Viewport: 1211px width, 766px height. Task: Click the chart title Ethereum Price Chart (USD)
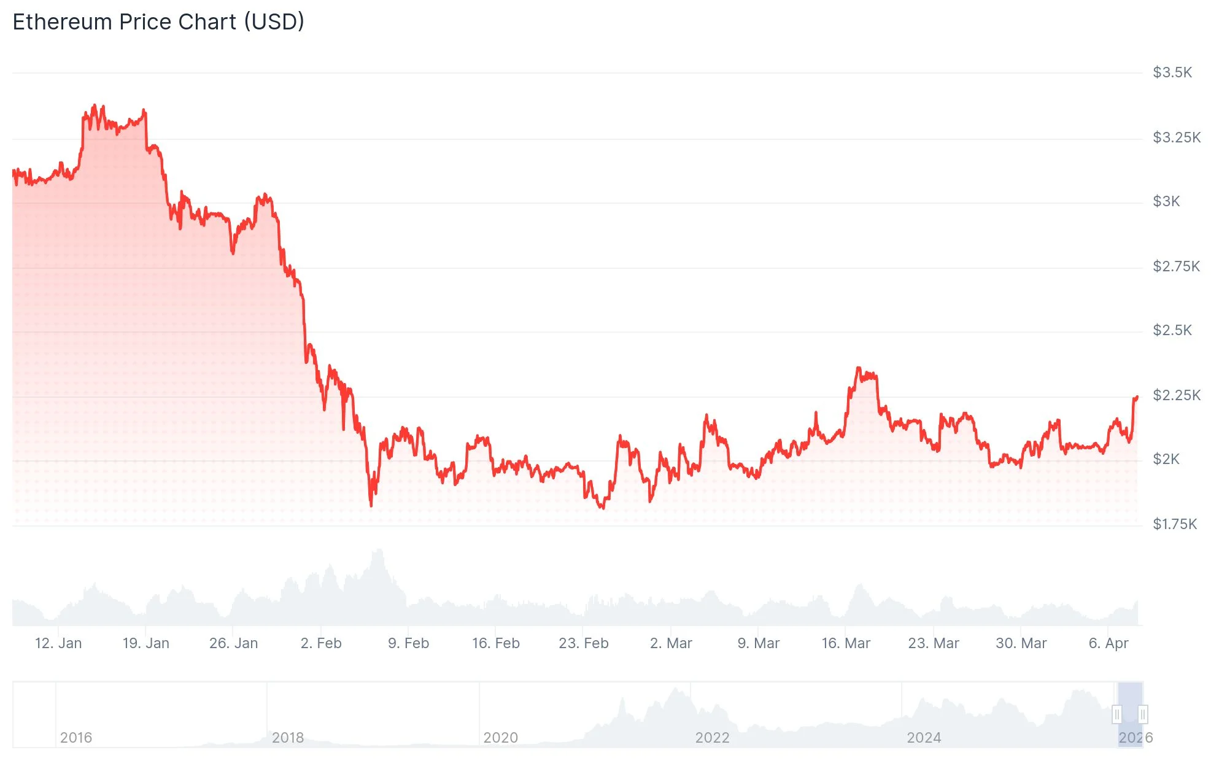point(158,22)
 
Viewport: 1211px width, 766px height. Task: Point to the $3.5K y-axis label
point(1172,72)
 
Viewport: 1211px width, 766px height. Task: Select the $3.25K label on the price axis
point(1176,137)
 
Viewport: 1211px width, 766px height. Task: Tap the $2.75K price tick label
point(1175,266)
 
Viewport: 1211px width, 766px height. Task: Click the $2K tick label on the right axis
point(1166,459)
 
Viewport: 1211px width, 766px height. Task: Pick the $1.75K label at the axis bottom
point(1174,524)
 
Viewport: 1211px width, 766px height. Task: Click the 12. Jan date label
point(58,643)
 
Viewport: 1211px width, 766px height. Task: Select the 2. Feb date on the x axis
point(321,643)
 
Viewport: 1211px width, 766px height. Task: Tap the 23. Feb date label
point(583,643)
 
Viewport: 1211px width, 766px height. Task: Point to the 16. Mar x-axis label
point(846,643)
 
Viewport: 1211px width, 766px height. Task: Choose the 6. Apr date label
point(1108,643)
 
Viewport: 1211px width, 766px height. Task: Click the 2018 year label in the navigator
point(288,738)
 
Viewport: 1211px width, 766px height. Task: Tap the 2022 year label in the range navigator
point(712,738)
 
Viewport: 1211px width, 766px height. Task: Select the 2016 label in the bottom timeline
point(76,738)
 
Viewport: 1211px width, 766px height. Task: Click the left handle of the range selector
point(1117,714)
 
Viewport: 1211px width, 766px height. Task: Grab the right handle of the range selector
point(1142,714)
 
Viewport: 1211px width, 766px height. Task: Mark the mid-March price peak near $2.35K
point(858,368)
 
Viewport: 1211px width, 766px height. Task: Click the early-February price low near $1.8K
point(371,505)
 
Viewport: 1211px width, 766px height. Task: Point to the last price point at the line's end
point(1137,397)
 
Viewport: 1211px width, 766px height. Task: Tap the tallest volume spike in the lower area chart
point(379,551)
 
